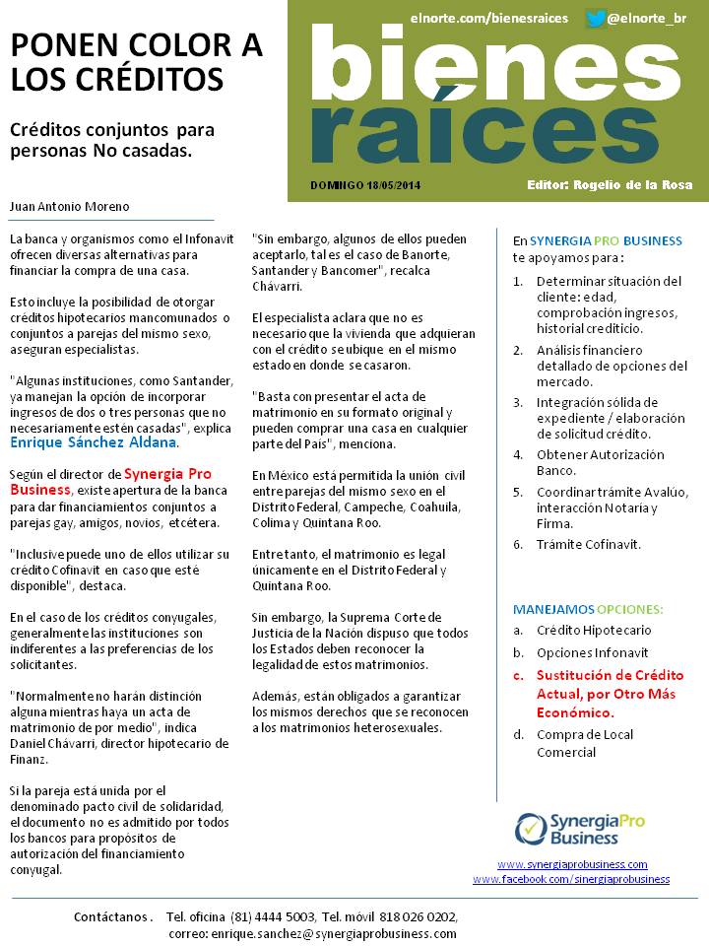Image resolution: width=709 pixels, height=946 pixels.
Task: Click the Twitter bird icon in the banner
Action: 595,18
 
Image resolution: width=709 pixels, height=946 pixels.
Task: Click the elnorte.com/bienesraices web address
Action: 489,18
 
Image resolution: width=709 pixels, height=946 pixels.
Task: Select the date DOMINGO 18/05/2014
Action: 364,185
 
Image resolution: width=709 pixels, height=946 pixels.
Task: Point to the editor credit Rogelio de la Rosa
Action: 610,185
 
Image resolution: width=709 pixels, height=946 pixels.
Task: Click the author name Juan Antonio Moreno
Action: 69,207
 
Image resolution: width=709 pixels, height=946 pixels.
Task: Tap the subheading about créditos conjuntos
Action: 112,140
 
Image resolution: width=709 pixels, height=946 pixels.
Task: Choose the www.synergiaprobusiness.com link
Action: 572,864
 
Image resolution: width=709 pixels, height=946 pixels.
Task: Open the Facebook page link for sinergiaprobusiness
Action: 571,879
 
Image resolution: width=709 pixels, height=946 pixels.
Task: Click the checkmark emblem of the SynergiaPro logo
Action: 530,829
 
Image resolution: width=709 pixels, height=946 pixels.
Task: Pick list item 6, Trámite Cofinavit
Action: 588,544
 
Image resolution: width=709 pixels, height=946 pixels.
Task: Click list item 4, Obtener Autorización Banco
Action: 600,463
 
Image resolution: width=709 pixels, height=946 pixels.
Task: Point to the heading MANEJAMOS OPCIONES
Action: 588,608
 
